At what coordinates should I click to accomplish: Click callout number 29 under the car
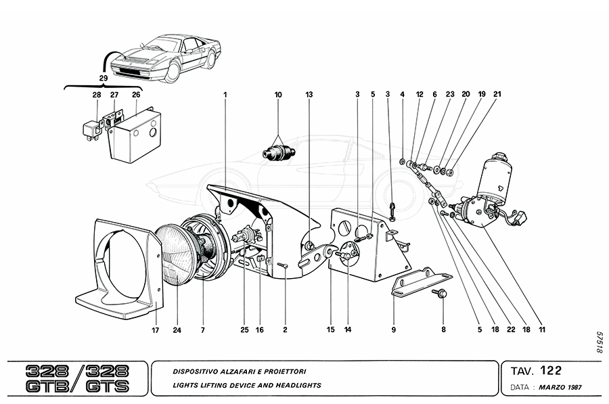click(103, 78)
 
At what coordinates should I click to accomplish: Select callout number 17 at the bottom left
click(156, 330)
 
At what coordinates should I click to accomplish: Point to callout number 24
click(177, 330)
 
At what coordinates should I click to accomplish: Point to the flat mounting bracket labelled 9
click(420, 281)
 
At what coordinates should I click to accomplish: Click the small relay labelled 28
click(92, 127)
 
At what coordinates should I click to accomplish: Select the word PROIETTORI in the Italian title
click(283, 372)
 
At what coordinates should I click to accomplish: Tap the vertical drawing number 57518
click(598, 343)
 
